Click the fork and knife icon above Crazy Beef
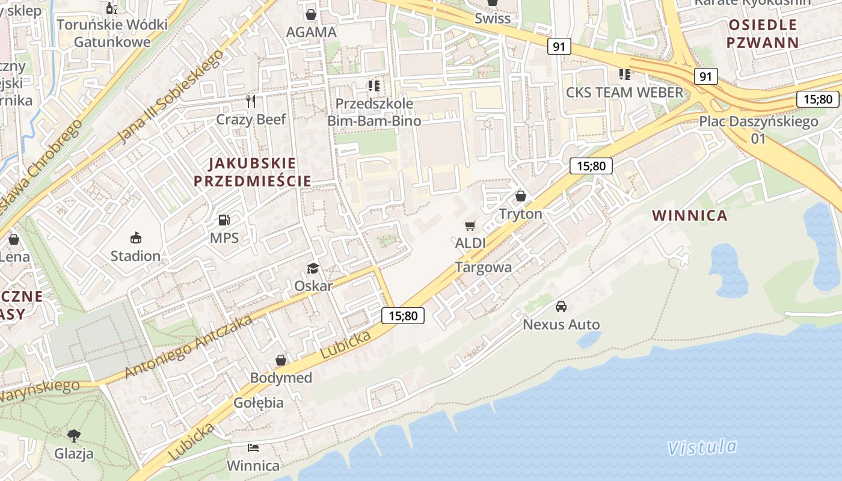[251, 102]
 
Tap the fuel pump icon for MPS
[224, 221]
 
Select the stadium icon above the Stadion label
[135, 238]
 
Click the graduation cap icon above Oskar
[313, 268]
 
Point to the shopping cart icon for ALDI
[470, 226]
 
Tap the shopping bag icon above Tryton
[521, 197]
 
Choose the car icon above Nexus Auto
[561, 307]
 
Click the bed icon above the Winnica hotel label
[253, 448]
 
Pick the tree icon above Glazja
[74, 435]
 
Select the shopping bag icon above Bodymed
[281, 360]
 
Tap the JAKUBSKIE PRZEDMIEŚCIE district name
[252, 172]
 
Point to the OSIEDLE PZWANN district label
[762, 34]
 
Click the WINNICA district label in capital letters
[689, 215]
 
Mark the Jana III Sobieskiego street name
[170, 97]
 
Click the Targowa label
[484, 268]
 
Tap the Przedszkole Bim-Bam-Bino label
[373, 112]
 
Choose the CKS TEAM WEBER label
[625, 93]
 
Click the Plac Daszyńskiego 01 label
[758, 129]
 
